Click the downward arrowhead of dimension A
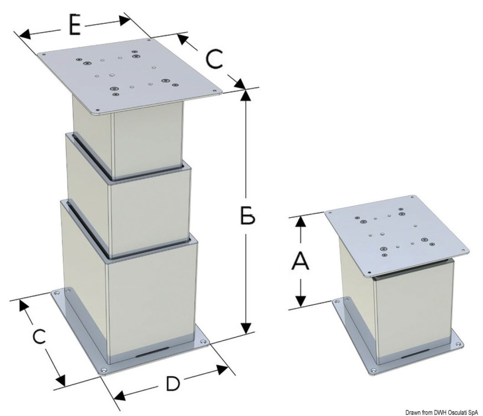point(301,301)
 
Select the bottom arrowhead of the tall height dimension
point(246,328)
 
